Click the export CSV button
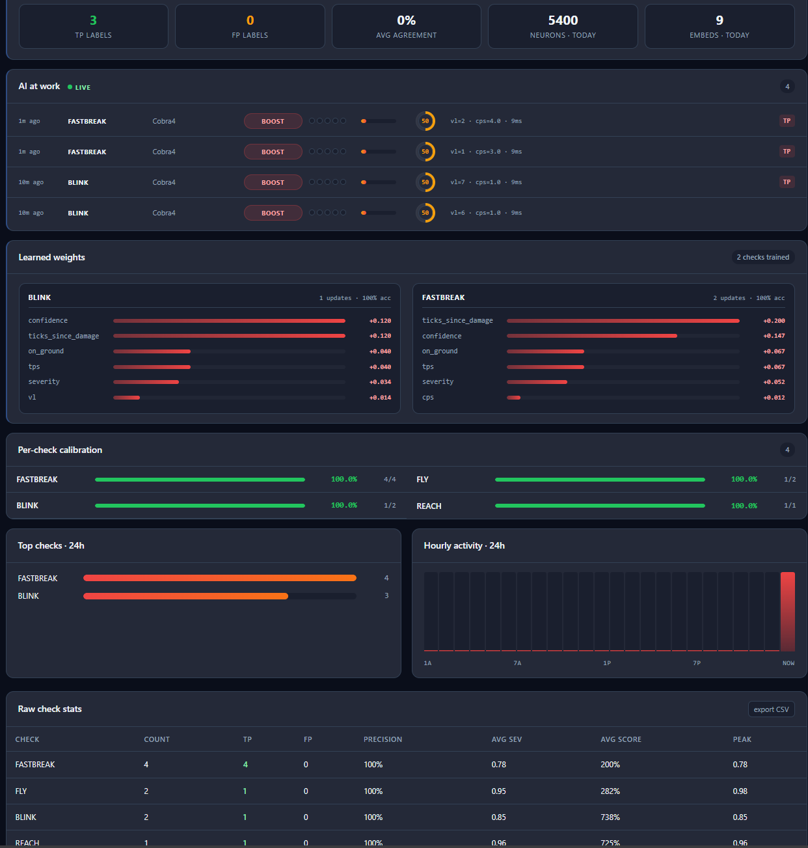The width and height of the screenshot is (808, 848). (771, 709)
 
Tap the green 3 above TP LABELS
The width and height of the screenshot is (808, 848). (93, 20)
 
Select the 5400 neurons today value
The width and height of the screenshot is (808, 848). (563, 20)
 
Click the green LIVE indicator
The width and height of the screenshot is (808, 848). (79, 87)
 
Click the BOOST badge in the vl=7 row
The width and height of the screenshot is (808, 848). (273, 182)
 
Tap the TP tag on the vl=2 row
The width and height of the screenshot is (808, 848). (787, 121)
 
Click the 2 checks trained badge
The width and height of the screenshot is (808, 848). (762, 257)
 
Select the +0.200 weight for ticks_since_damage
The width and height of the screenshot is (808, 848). (774, 320)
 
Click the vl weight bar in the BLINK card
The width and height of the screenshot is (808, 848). (126, 397)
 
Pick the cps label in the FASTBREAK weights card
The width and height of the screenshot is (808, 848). (427, 397)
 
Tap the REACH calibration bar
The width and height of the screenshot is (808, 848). (600, 506)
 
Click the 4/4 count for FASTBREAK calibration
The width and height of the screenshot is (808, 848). (390, 479)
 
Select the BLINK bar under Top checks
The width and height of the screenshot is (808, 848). (185, 596)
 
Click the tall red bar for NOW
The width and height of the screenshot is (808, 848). (787, 611)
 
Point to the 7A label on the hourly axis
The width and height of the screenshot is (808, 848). (517, 663)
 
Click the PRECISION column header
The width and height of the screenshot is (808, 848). (383, 739)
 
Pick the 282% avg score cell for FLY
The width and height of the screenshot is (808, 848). (610, 791)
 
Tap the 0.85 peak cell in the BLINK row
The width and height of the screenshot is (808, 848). (740, 817)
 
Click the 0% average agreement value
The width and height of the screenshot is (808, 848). (406, 20)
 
